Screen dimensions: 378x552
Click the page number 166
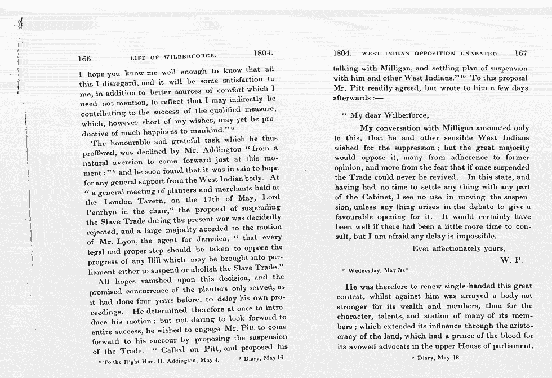coord(84,58)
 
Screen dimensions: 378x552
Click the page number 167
coord(520,54)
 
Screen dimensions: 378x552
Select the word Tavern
coord(151,201)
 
